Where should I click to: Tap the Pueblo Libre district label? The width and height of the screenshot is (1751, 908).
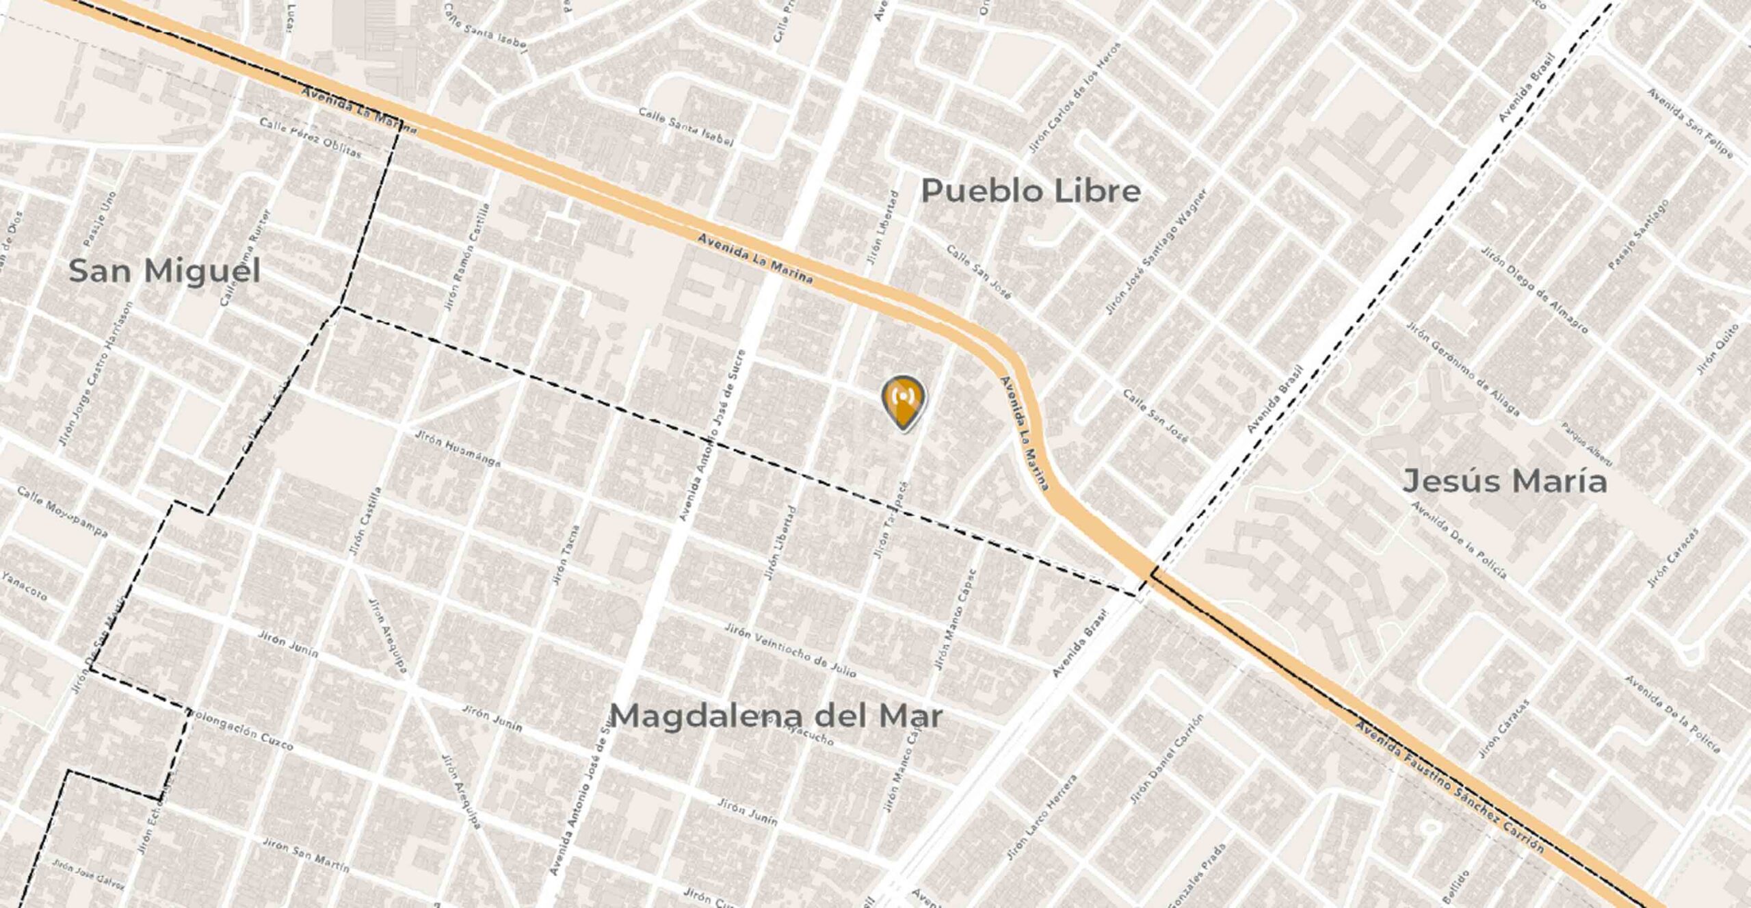pyautogui.click(x=1031, y=191)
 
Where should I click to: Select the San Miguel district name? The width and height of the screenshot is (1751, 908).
pyautogui.click(x=165, y=272)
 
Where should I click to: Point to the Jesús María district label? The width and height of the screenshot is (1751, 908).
pyautogui.click(x=1505, y=481)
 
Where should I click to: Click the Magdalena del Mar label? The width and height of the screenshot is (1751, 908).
pyautogui.click(x=776, y=716)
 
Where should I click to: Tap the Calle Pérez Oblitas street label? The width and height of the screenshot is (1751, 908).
pyautogui.click(x=310, y=138)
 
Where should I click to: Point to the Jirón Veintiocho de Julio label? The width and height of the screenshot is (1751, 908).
pyautogui.click(x=790, y=650)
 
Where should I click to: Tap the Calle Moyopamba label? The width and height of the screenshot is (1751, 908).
pyautogui.click(x=62, y=512)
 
